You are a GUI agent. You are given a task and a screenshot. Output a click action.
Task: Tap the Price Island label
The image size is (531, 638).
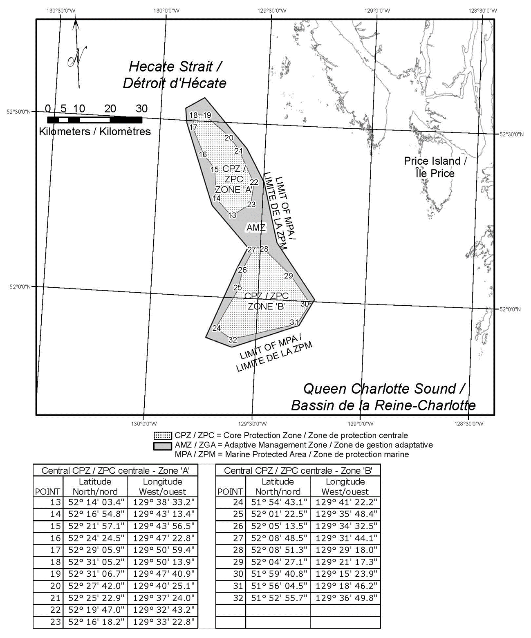(435, 167)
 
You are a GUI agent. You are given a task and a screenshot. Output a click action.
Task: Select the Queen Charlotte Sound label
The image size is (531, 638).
(384, 396)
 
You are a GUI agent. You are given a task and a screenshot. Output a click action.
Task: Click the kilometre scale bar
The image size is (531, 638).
(95, 120)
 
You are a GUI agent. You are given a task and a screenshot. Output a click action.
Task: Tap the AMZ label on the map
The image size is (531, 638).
(256, 228)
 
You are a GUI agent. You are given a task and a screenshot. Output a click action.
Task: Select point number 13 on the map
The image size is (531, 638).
(232, 215)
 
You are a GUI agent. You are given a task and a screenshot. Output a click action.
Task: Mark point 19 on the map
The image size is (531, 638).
(207, 115)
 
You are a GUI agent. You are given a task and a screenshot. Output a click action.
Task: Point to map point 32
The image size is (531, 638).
(233, 340)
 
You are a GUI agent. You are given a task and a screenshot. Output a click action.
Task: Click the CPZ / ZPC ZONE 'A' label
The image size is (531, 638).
(234, 179)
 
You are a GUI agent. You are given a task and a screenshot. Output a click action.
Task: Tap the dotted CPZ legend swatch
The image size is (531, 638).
(163, 435)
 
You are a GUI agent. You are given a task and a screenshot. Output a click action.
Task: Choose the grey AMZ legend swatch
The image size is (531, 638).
(163, 445)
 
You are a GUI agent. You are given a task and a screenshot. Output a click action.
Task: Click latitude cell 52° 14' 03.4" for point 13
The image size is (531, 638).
(95, 502)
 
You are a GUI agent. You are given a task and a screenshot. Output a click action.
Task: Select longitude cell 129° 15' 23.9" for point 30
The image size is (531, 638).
(346, 574)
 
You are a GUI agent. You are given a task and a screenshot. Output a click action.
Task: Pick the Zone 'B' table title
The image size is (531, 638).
(298, 470)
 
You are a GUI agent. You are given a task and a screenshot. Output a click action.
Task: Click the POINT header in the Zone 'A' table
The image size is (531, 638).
(48, 492)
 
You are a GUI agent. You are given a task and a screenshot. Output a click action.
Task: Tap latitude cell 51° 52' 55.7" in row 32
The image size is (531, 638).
(278, 598)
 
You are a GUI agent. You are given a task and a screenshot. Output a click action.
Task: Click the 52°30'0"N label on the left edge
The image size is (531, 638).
(19, 111)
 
